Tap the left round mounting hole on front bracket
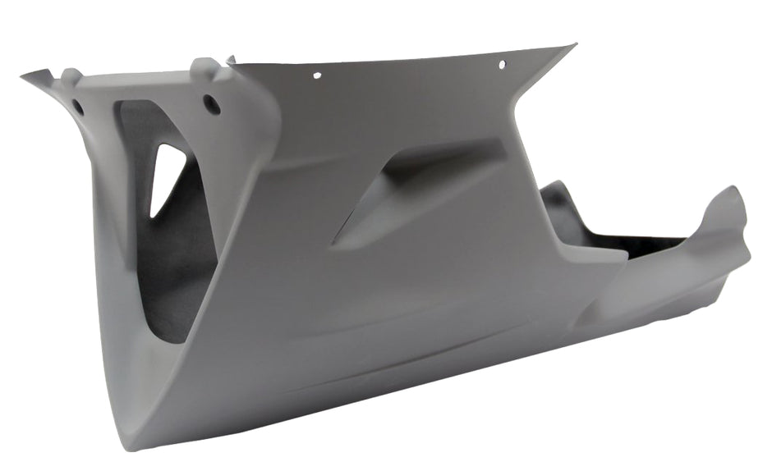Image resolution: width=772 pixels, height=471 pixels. point(78,107)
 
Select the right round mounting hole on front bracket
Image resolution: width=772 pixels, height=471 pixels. point(210,104)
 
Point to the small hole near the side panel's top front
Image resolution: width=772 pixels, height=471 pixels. point(317,75)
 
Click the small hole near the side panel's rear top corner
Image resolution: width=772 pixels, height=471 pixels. point(503,63)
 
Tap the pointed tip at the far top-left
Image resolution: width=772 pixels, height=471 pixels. point(24,76)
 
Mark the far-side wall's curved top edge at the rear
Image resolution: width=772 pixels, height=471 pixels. point(558,187)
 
